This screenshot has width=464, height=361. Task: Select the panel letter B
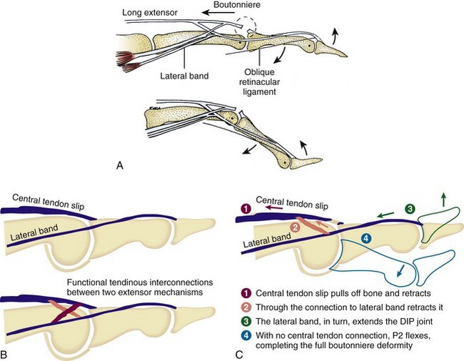pyautogui.click(x=6, y=352)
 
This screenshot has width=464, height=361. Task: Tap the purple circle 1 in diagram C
pyautogui.click(x=245, y=209)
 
